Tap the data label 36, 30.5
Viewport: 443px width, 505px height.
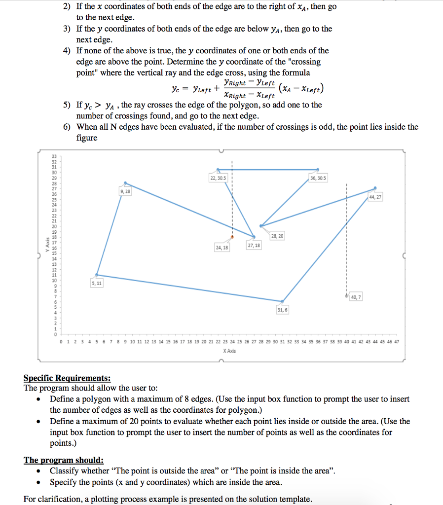(318, 178)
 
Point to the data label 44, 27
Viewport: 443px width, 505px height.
(375, 197)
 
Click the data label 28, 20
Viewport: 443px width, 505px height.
(277, 236)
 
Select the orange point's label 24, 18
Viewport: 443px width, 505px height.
(222, 248)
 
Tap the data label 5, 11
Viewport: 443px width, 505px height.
(97, 283)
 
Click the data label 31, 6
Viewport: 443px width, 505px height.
(282, 310)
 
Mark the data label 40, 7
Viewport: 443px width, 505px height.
(356, 297)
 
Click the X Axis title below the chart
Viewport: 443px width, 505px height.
(229, 351)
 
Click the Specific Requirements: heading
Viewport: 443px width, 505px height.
(67, 378)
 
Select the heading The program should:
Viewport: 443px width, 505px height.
(64, 460)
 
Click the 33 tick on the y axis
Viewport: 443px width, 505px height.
(54, 155)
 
